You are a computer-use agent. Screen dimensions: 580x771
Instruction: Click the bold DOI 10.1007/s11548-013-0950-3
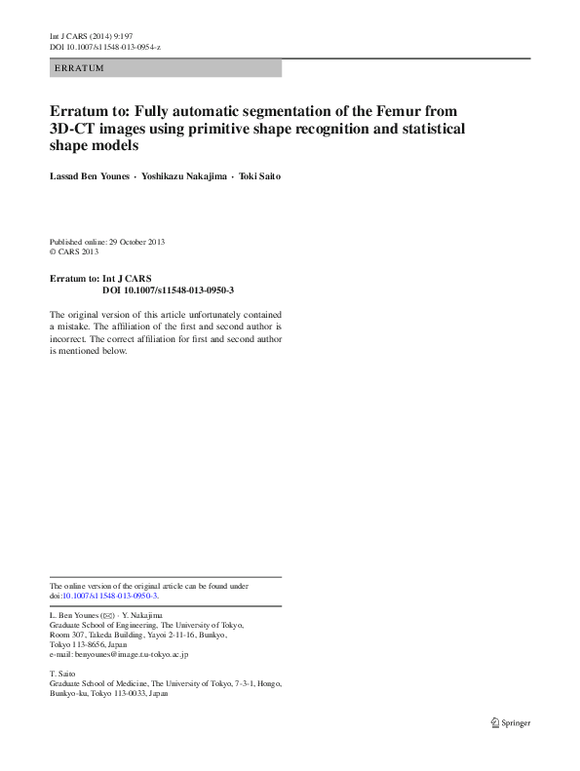tap(168, 290)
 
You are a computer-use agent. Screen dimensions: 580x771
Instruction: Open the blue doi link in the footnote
tap(110, 596)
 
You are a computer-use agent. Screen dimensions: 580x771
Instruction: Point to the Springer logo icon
tap(495, 722)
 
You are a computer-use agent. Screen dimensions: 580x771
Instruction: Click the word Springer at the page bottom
tap(517, 722)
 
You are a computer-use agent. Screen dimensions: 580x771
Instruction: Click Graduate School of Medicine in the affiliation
tap(102, 684)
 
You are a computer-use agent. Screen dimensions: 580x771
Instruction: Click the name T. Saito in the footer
tap(62, 675)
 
